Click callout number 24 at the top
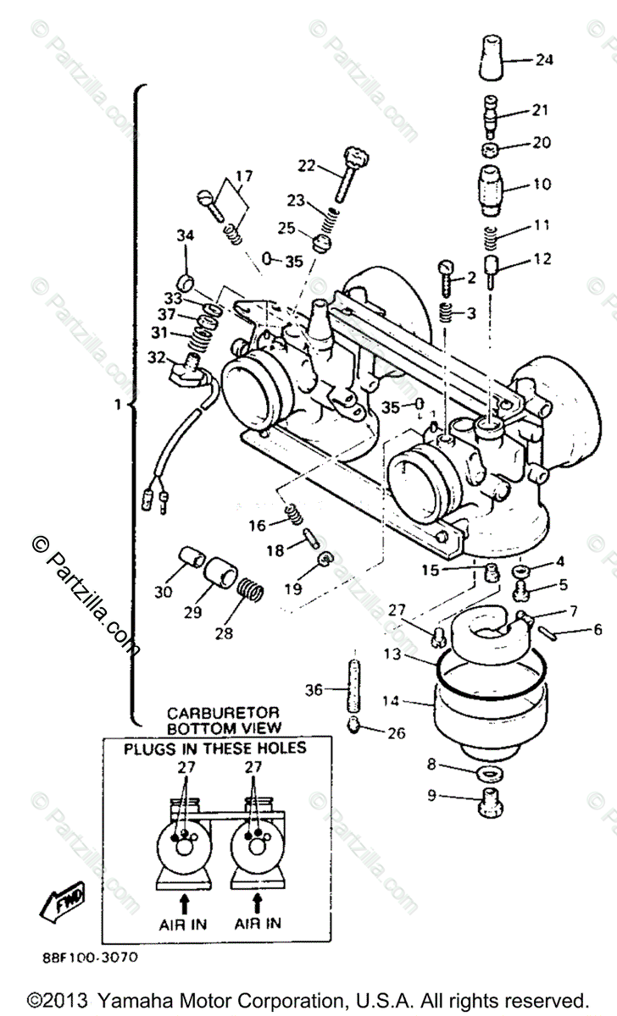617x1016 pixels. [543, 60]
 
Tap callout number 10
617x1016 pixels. [541, 184]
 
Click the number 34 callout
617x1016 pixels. [186, 235]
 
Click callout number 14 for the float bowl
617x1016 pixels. [390, 701]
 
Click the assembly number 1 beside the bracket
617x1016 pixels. [119, 405]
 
